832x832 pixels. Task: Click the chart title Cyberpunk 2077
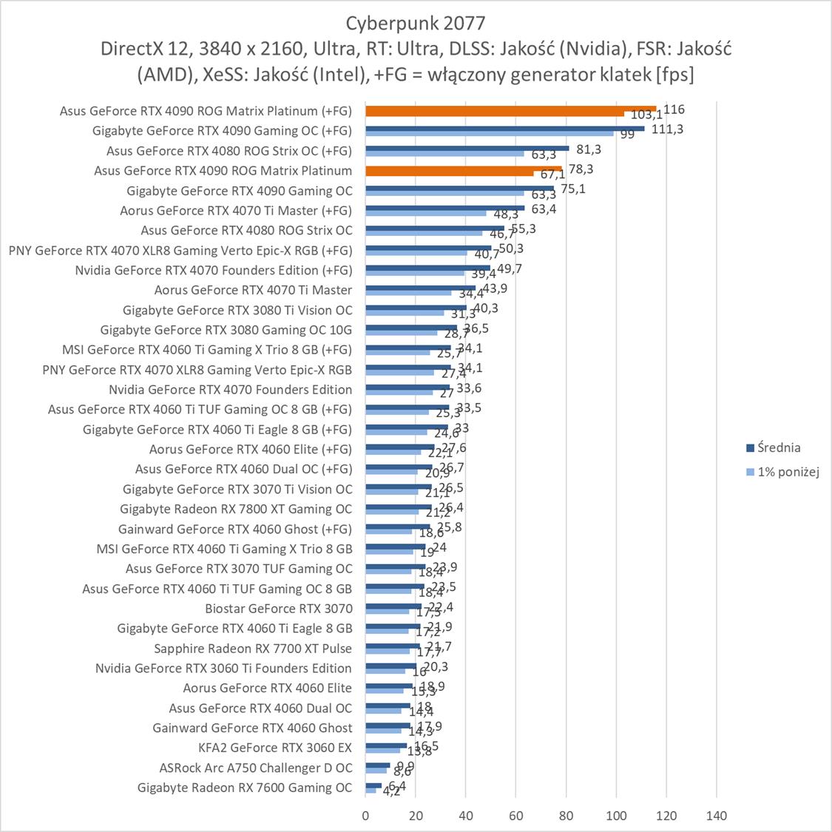pos(416,22)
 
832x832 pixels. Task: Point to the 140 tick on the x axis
pos(716,816)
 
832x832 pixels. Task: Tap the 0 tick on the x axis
pos(365,816)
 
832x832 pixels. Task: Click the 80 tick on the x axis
pos(566,816)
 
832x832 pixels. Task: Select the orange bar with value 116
pos(510,109)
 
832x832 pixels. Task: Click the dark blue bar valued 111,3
pos(504,129)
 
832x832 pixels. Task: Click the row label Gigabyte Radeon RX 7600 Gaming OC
pos(245,788)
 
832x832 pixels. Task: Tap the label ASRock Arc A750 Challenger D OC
pos(256,768)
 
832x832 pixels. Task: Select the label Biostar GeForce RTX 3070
pos(279,609)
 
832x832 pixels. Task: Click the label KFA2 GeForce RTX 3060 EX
pos(275,748)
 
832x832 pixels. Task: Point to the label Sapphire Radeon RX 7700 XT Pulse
pos(253,649)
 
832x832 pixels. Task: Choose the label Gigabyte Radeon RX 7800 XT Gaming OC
pos(236,509)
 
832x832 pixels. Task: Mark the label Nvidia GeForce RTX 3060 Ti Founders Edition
pos(223,669)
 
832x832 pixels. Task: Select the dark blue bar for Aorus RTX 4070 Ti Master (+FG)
pos(444,208)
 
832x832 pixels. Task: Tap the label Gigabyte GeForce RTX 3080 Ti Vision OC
pos(237,310)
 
